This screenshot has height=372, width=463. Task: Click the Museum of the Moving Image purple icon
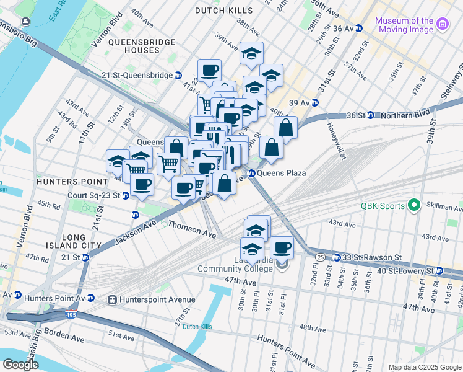443,24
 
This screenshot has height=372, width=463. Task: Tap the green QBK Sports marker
413,206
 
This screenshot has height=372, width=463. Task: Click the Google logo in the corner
20,365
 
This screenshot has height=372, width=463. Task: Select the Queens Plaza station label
281,173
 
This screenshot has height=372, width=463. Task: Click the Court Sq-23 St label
94,195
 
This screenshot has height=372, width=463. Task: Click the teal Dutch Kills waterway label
197,326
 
